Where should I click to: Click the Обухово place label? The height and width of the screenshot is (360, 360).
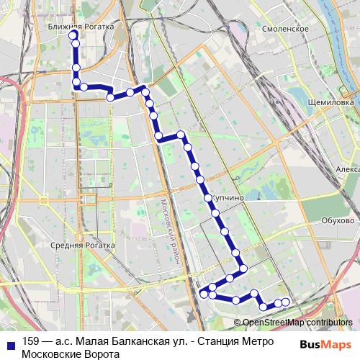[x=338, y=220]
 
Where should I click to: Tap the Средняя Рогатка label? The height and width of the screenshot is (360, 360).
[x=83, y=246]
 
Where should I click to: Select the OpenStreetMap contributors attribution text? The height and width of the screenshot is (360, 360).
[x=297, y=323]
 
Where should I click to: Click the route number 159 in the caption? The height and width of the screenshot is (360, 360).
[x=31, y=341]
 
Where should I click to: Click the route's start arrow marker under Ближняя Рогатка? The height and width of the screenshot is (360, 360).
[x=73, y=34]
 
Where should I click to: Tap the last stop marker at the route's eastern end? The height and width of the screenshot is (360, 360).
[x=286, y=302]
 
